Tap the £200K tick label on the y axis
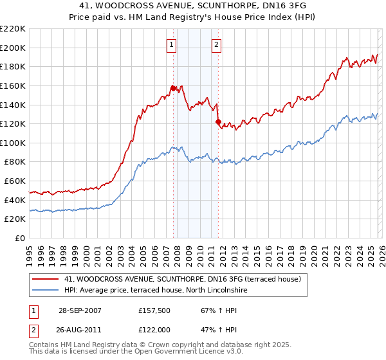point(12,48)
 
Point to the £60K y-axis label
point(14,181)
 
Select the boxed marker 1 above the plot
point(172,45)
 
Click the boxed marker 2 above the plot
point(216,45)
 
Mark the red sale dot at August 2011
point(218,122)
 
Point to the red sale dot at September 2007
point(174,88)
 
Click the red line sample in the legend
point(46,279)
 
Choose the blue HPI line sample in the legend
point(46,291)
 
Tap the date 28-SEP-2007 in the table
point(78,310)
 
